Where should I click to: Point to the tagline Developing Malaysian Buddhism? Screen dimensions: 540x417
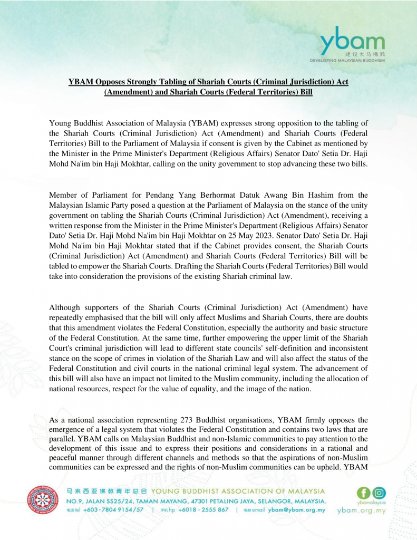347,61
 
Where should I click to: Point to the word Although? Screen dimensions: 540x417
66,307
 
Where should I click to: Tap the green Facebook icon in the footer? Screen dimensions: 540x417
364,493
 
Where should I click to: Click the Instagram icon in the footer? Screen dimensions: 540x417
379,493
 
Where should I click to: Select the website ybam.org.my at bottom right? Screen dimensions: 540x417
362,510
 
